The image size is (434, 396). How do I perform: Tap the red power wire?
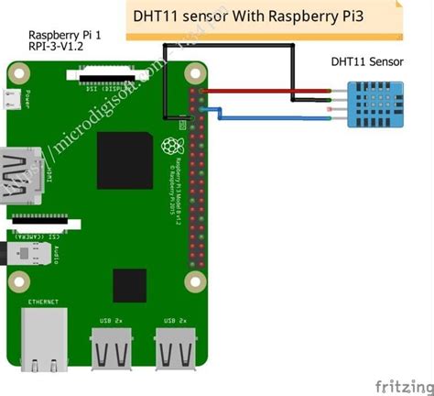pos(266,93)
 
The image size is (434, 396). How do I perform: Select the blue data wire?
pos(275,118)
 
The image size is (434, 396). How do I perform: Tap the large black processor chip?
pos(125,160)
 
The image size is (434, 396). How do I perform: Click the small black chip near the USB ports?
pos(127,285)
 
